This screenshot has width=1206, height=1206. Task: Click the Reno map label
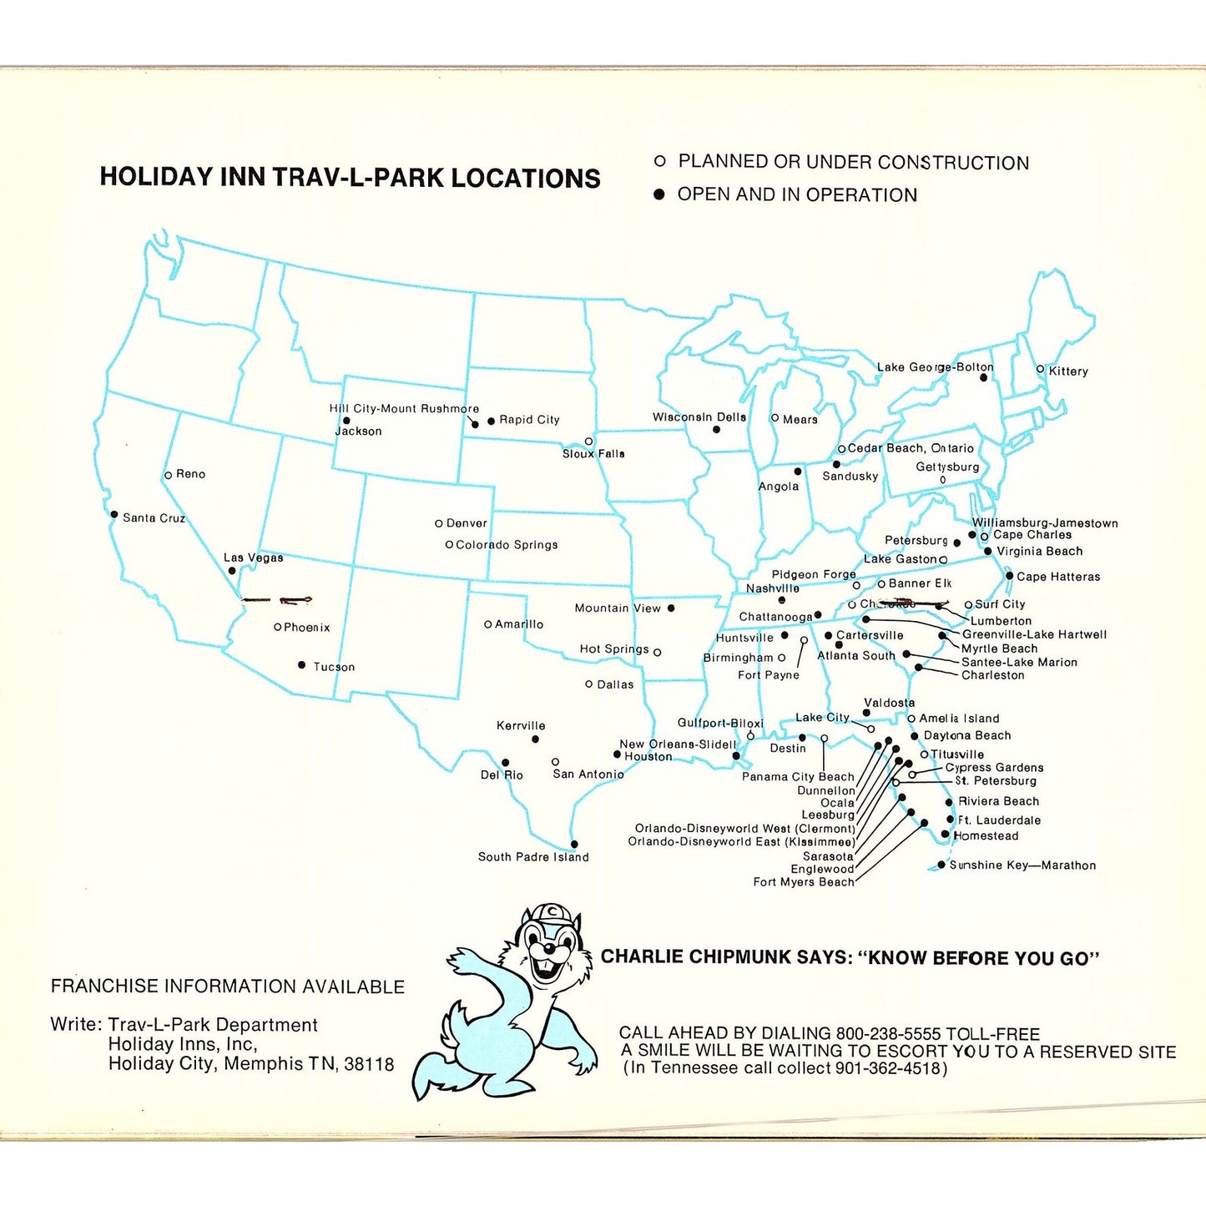(190, 474)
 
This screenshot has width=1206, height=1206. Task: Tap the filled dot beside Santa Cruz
(114, 514)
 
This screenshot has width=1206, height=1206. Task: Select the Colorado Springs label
(507, 545)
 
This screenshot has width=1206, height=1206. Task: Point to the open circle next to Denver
(438, 523)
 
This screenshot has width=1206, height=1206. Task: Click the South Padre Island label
(533, 857)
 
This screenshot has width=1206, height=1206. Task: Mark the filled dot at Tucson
(301, 665)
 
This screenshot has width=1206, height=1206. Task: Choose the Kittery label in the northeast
(1068, 371)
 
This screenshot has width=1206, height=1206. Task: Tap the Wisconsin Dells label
(699, 417)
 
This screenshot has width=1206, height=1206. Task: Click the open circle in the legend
(659, 161)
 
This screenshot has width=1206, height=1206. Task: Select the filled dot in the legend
(659, 194)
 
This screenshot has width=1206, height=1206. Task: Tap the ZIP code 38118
(369, 1065)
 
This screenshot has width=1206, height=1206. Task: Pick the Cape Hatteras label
(1058, 577)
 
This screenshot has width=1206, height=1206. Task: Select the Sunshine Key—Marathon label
(1022, 865)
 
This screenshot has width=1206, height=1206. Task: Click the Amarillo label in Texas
(519, 624)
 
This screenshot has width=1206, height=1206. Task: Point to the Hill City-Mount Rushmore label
(404, 409)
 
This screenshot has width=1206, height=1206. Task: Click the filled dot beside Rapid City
(491, 421)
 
